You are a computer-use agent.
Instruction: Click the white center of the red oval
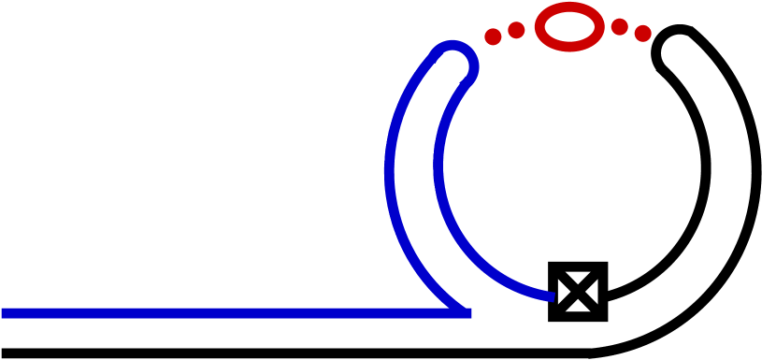[569, 27]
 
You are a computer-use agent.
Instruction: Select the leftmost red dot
[493, 36]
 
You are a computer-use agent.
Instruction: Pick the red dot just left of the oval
[516, 30]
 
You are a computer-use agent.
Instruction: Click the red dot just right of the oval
[619, 26]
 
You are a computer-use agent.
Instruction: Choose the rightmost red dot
[643, 34]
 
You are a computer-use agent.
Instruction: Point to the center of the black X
[578, 292]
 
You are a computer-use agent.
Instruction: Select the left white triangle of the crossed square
[564, 292]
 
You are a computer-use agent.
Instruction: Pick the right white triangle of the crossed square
[592, 292]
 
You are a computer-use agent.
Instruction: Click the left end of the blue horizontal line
[4, 313]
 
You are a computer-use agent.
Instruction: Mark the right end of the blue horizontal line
[469, 313]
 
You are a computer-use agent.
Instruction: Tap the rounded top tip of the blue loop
[453, 46]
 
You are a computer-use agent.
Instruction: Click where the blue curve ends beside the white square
[553, 295]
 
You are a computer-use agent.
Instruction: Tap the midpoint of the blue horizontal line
[237, 313]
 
